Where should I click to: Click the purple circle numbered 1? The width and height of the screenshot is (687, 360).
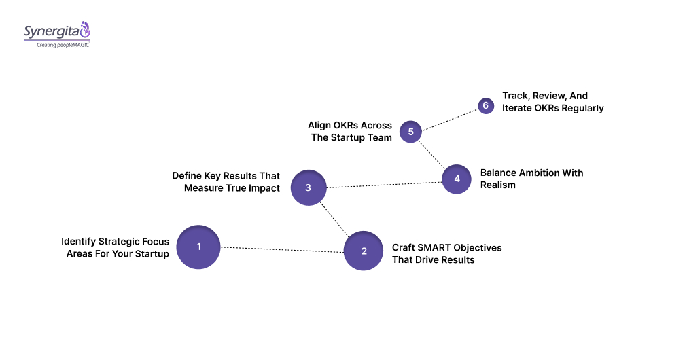198,247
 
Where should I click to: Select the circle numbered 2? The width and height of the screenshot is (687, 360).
364,251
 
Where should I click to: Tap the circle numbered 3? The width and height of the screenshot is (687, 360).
309,187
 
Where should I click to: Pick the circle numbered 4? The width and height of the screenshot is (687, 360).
457,179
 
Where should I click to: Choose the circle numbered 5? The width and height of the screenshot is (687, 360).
410,131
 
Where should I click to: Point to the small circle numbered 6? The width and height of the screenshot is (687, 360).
485,106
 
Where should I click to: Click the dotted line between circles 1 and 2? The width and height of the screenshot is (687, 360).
281,249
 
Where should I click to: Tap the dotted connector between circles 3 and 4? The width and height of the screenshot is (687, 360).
384,183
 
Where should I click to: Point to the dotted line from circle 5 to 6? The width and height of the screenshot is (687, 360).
449,118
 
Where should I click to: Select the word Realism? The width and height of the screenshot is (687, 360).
498,185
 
